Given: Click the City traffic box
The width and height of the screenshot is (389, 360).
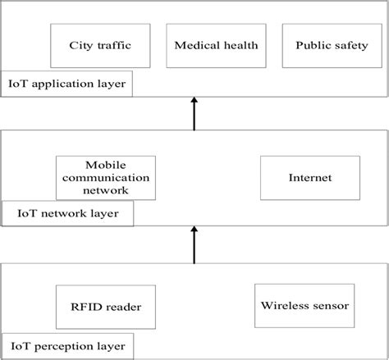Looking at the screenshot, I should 99,45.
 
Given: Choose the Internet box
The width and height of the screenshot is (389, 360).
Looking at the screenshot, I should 300,177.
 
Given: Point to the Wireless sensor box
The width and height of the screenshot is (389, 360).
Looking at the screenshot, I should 304,306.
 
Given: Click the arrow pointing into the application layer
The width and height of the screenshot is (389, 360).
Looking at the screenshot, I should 194,113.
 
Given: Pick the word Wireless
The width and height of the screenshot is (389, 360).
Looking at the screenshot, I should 283,306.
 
